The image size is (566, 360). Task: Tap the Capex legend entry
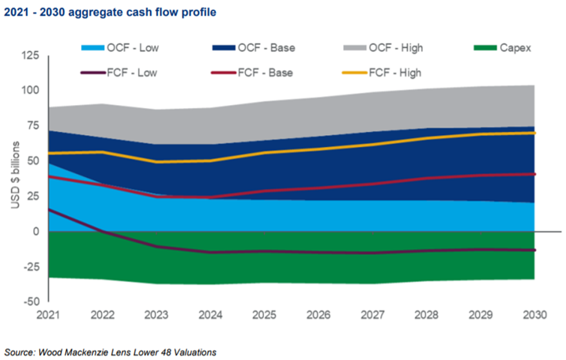503,48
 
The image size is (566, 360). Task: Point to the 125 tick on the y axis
30,56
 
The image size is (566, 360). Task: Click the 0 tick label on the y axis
35,232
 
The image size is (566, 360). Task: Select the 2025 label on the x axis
265,316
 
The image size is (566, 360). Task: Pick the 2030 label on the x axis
535,316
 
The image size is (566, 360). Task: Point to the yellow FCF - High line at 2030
535,133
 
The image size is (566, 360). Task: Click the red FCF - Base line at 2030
535,174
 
